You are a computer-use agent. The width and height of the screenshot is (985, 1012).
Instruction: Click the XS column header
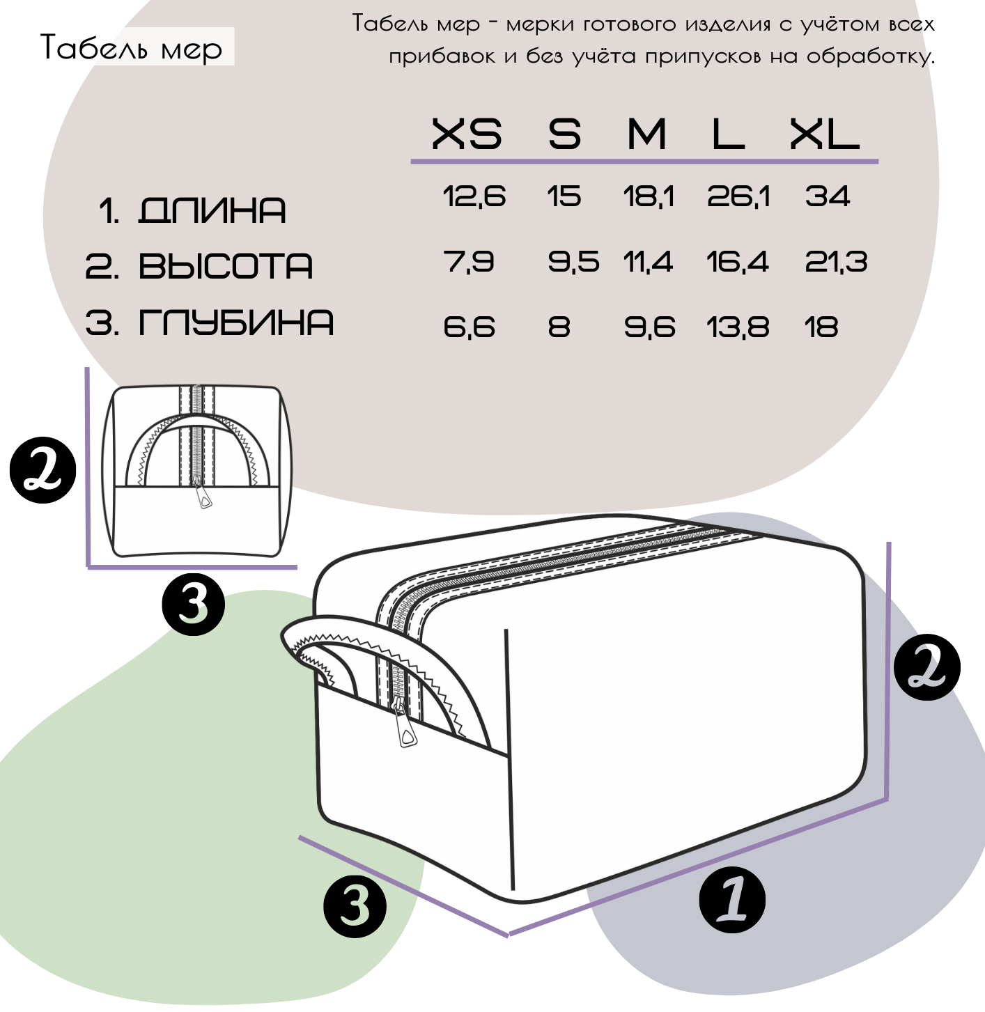[x=467, y=134]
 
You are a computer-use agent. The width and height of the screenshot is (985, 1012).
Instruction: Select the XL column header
[x=824, y=134]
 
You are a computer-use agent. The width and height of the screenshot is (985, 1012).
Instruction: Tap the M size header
[x=646, y=134]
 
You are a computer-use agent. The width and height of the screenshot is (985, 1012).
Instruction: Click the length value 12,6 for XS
[x=474, y=196]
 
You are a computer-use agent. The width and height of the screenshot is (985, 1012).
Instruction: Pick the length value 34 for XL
[x=828, y=196]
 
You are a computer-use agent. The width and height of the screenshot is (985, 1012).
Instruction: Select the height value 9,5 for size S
[x=573, y=262]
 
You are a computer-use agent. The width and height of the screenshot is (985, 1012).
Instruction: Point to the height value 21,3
[x=836, y=262]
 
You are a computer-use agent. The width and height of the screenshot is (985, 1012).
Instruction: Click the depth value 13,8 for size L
[x=738, y=327]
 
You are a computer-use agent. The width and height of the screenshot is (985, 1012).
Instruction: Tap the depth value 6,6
[x=469, y=327]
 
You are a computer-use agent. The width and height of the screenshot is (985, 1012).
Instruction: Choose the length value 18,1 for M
[x=649, y=196]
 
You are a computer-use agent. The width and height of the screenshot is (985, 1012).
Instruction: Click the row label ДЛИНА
[x=212, y=210]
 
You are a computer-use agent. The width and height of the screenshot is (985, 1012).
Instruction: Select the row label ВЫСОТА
[x=226, y=266]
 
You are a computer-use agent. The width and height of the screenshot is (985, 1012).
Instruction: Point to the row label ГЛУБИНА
[x=236, y=322]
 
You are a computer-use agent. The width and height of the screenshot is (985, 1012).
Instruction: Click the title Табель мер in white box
[x=132, y=48]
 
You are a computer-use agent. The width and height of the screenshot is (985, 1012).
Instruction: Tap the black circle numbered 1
[x=731, y=900]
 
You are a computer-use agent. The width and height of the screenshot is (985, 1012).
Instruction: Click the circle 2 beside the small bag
[x=43, y=469]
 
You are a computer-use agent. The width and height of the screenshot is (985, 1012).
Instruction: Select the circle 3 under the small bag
[x=194, y=605]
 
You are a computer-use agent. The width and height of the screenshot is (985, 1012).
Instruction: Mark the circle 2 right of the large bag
[x=927, y=667]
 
